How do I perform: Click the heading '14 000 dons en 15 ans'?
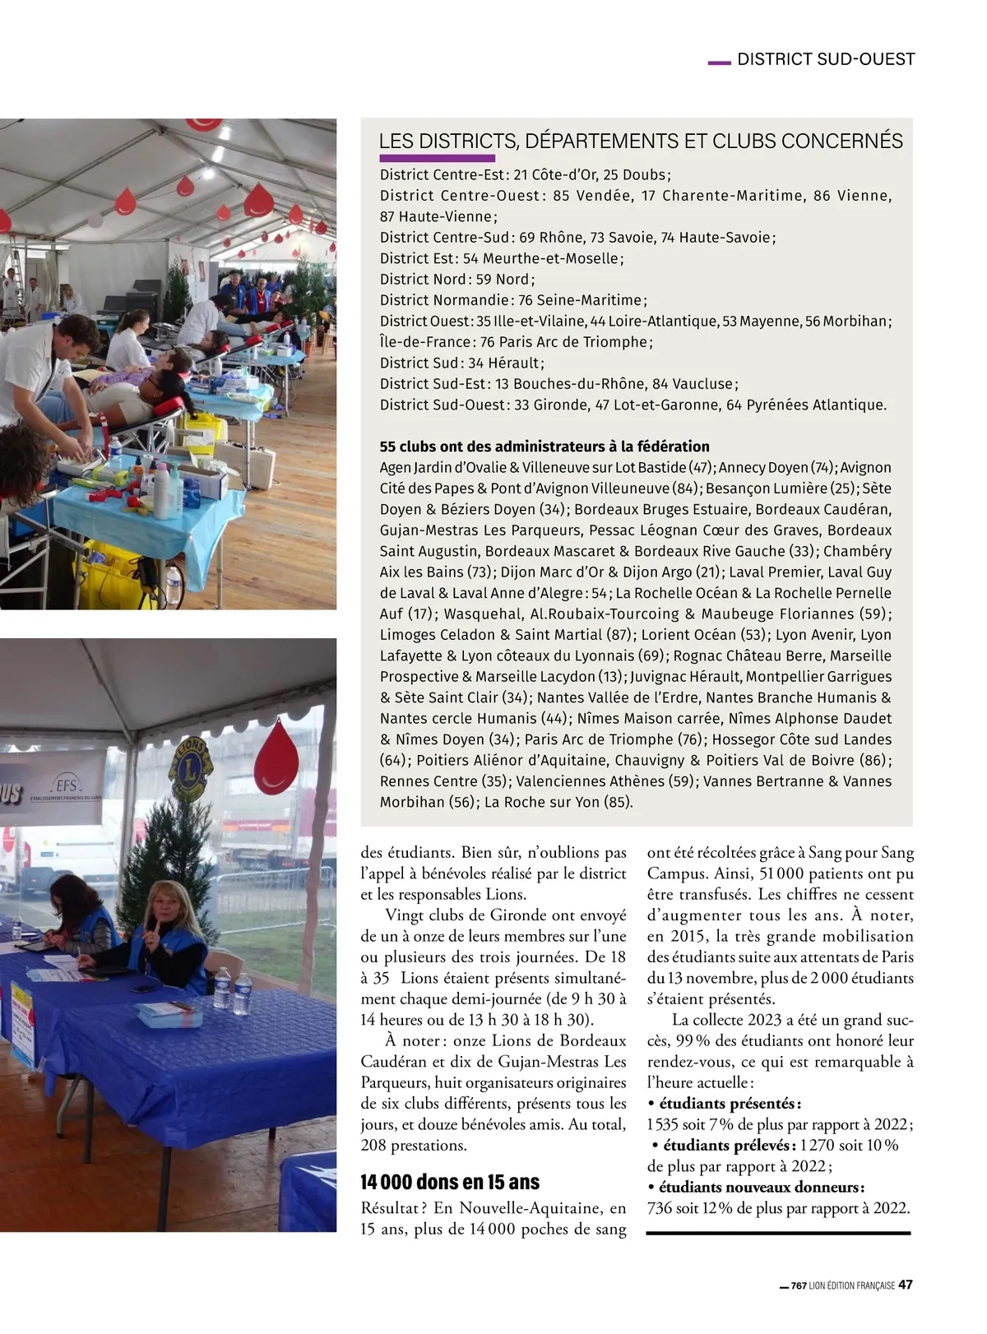coord(450,1182)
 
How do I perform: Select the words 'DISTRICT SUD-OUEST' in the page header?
coord(826,59)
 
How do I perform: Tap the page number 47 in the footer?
coord(906,1285)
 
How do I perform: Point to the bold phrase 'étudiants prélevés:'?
coord(728,1145)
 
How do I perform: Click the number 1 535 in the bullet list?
coord(665,1124)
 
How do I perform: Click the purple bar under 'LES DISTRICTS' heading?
coord(437,158)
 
